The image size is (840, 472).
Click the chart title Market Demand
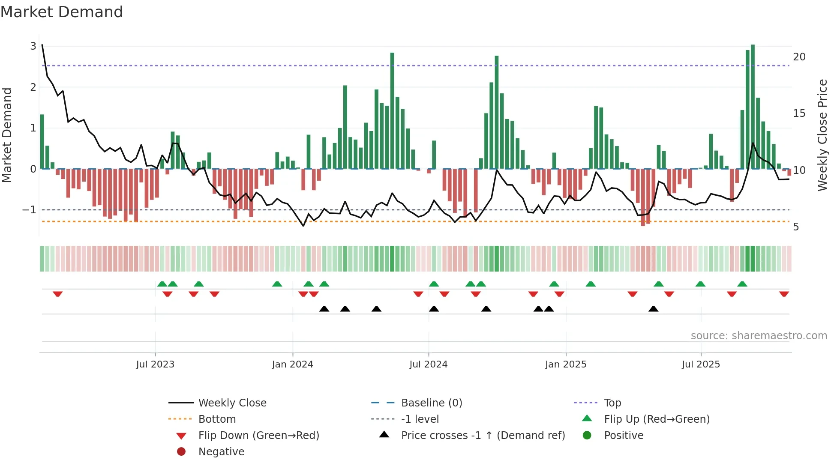coord(62,12)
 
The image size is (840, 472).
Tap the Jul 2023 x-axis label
coord(155,364)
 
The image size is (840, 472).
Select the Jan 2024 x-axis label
coord(292,364)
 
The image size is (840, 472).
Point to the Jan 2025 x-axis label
coord(565,364)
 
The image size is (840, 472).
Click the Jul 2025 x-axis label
coord(701,364)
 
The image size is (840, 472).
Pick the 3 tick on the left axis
coord(33,46)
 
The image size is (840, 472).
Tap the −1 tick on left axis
coord(29,210)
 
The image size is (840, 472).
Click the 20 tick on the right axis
coord(799,57)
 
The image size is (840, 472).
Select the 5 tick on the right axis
coord(796,227)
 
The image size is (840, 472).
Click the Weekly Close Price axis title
coord(822,135)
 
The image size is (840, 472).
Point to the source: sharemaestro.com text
coord(759,336)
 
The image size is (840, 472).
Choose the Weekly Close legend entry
coord(232,403)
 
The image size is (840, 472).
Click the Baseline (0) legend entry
coord(431,403)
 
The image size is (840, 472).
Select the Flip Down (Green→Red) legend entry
coord(258,436)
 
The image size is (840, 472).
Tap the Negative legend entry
coord(221,452)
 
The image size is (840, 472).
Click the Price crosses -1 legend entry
coord(483,436)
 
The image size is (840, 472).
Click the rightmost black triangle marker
coord(653,309)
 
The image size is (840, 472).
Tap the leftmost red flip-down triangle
coord(57,294)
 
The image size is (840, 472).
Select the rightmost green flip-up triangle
coord(742,284)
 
